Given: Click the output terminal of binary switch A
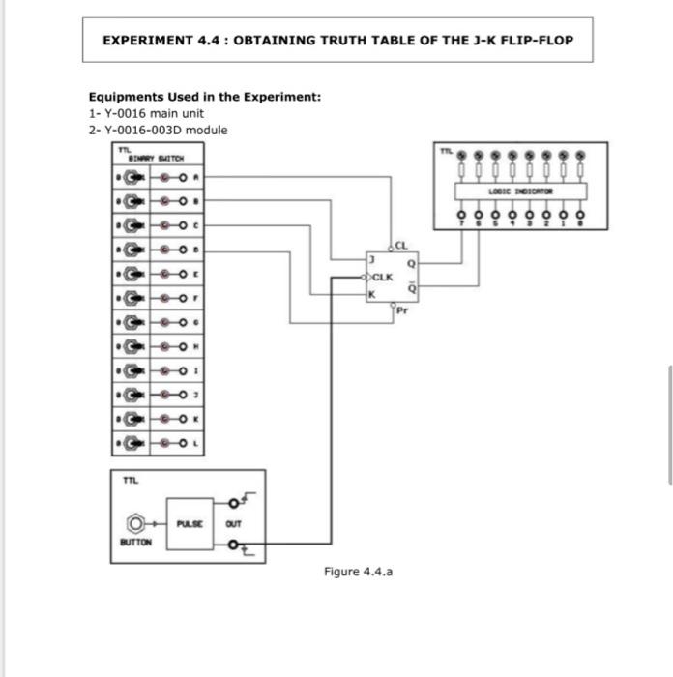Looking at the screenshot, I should (184, 177).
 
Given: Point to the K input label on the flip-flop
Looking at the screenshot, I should (369, 294).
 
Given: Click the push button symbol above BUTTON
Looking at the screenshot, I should (136, 523).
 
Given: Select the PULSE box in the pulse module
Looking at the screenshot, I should (190, 523).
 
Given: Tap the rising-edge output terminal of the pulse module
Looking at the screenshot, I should (235, 503).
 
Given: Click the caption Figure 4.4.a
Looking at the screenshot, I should (358, 572).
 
